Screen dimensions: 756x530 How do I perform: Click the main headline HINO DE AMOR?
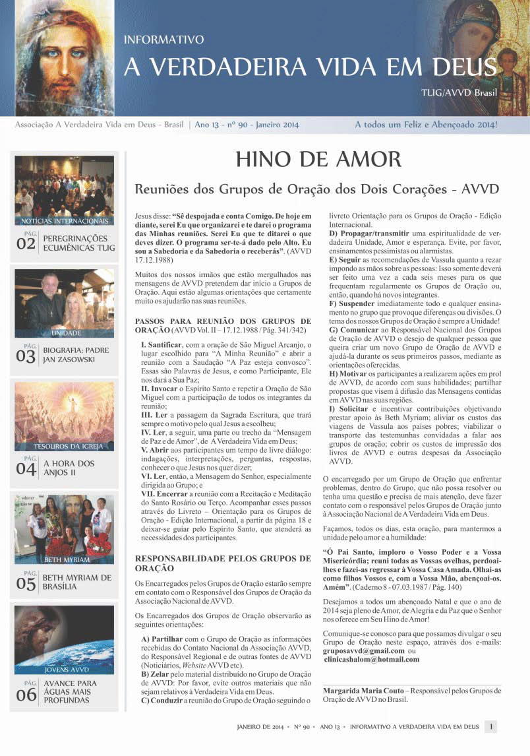[x=318, y=159]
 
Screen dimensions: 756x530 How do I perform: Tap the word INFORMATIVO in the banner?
[x=163, y=40]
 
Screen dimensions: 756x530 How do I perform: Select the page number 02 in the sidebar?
[x=26, y=243]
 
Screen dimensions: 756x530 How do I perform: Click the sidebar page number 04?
[x=26, y=468]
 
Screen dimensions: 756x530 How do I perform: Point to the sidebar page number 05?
[x=26, y=583]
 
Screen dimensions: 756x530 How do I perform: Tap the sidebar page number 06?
[x=26, y=693]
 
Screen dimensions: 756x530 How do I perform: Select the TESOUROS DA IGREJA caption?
[x=65, y=447]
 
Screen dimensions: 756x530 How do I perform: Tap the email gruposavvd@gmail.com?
[x=364, y=650]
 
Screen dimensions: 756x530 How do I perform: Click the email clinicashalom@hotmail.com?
[x=371, y=659]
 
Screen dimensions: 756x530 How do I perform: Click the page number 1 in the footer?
[x=490, y=726]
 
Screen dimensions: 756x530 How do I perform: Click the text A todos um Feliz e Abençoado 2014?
[x=426, y=124]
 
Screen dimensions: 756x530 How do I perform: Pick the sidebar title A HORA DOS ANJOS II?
[x=69, y=468]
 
